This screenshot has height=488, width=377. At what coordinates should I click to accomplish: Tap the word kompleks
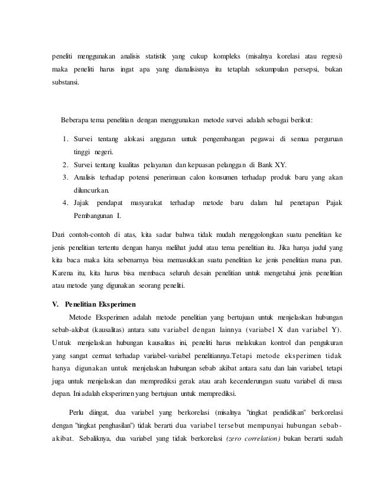[x=222, y=57]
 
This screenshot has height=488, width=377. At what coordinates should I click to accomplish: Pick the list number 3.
[x=65, y=177]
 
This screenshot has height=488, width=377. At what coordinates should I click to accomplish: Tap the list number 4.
[x=65, y=203]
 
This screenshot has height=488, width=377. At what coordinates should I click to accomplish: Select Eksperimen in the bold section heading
[x=114, y=305]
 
